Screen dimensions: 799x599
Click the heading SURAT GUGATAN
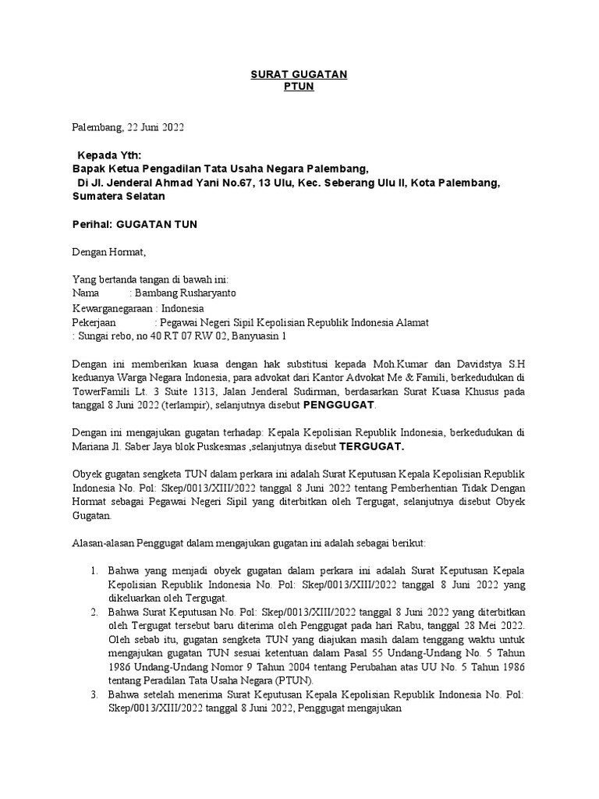pyautogui.click(x=299, y=73)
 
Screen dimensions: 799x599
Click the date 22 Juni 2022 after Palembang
pyautogui.click(x=154, y=126)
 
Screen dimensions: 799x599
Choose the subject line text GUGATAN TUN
pyautogui.click(x=157, y=225)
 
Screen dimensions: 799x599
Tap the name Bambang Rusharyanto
pyautogui.click(x=185, y=293)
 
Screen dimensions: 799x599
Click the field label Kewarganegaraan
pyautogui.click(x=107, y=308)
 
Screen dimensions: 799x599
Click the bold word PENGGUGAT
pyautogui.click(x=338, y=406)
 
